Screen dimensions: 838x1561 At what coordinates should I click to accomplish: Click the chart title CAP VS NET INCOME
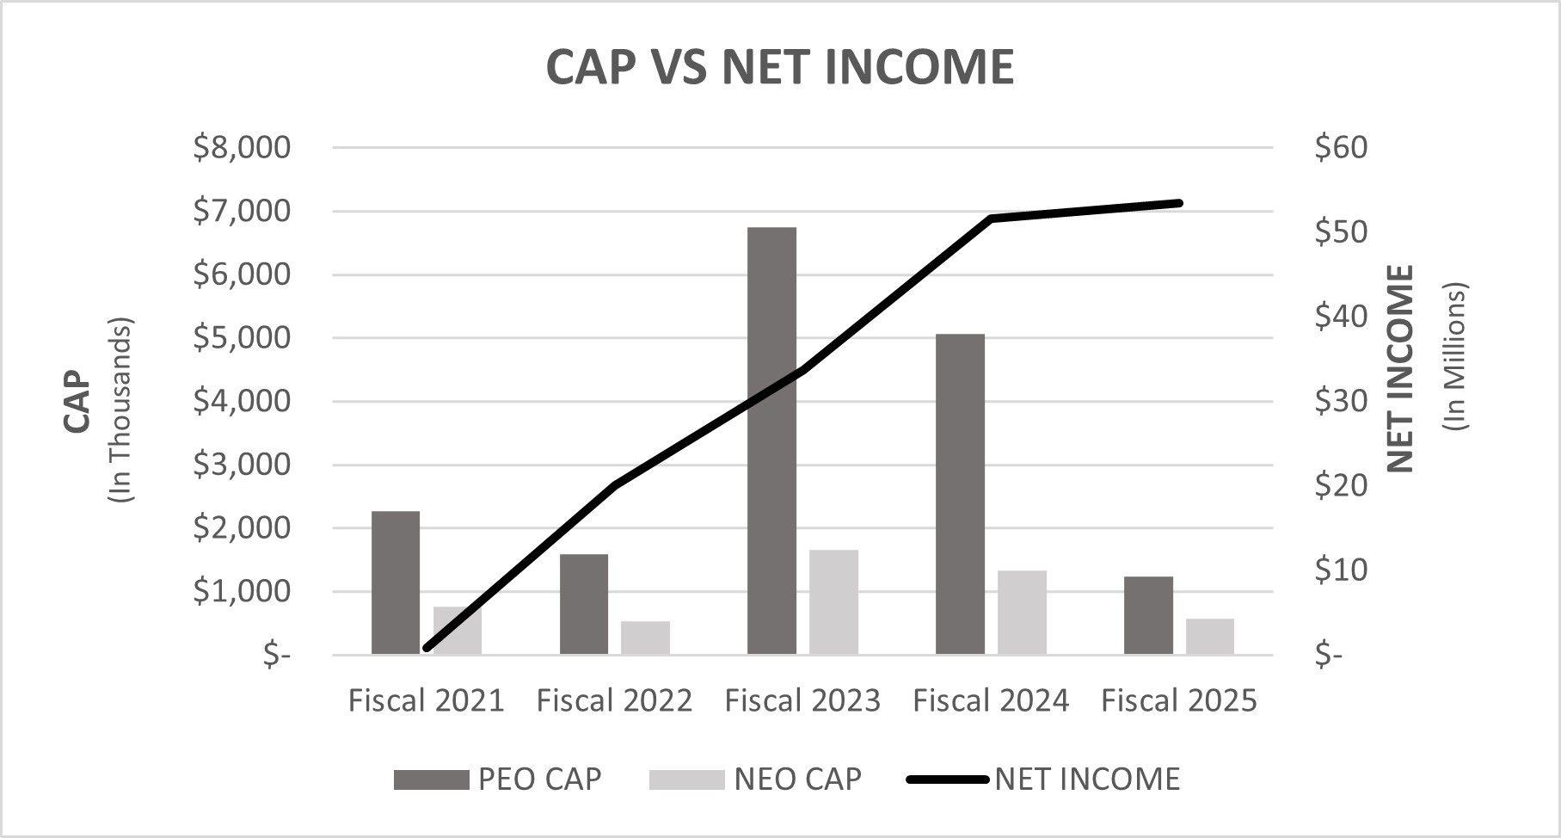780,66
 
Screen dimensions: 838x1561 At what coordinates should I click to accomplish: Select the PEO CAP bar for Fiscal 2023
771,441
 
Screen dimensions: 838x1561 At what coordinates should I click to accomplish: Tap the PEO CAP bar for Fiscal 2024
960,494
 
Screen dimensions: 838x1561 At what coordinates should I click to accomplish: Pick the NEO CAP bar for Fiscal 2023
833,602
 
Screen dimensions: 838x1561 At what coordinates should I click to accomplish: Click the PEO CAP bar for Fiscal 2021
396,582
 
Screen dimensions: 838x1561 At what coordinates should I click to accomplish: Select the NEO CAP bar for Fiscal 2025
1209,637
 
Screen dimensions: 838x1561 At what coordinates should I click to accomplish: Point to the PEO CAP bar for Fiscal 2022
584,604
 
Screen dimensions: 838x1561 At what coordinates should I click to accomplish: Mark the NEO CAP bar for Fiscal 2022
645,638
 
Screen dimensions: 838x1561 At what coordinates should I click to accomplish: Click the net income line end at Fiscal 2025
1179,203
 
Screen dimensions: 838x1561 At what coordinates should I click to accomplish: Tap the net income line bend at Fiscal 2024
991,219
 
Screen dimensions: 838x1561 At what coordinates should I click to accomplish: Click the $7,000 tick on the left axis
242,211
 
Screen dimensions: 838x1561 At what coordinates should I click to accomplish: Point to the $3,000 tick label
242,465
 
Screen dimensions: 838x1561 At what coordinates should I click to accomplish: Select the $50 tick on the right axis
1340,232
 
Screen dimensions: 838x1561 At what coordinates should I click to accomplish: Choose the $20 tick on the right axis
1340,486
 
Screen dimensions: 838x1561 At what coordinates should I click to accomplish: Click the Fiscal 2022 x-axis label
614,700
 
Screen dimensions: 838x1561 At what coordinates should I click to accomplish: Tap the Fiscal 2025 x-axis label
1178,700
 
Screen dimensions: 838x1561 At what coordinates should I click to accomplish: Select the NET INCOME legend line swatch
948,779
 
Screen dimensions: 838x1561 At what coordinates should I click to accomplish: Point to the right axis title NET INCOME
1400,368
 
